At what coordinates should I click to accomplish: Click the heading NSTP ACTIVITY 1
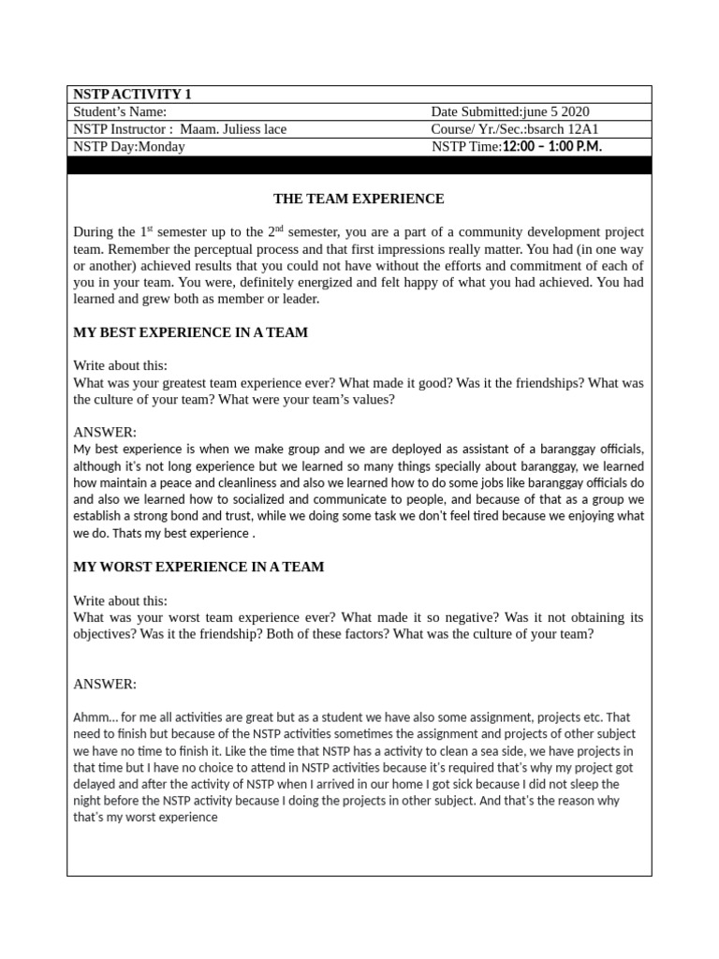131,95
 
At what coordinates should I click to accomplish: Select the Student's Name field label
119,112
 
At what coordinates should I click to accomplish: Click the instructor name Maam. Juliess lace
233,129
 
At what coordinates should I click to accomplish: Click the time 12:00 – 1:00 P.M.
551,147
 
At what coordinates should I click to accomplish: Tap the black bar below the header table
359,166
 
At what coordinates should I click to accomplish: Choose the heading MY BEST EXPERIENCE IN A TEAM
190,332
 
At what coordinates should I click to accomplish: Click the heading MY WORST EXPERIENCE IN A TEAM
198,567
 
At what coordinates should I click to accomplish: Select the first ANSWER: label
105,433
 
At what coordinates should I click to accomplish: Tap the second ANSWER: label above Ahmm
105,685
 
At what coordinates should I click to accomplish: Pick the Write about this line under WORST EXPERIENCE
120,600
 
